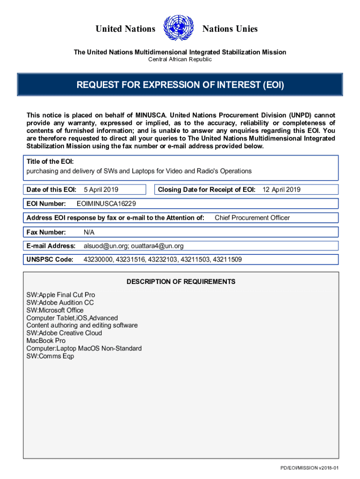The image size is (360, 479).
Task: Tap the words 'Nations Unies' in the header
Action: coord(230,29)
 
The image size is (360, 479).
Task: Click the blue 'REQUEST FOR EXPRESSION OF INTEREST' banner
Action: coord(180,85)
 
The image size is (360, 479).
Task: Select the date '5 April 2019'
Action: coord(101,189)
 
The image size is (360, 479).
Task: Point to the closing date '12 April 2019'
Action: coord(281,189)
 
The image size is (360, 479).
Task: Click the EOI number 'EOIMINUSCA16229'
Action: coord(106,203)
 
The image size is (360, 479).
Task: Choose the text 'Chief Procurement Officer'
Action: coord(252,218)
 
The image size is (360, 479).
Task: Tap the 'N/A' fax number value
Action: coord(89,232)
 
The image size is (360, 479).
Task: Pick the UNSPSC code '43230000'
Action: coord(98,259)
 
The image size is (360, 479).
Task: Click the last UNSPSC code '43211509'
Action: coord(227,259)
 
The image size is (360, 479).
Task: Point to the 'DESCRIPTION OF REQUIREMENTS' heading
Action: coord(181,282)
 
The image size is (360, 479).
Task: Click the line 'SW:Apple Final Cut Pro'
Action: coord(61,295)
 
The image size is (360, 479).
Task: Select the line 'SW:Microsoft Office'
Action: coord(55,310)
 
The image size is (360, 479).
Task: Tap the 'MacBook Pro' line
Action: coord(46,341)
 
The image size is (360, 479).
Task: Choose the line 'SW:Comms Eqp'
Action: coord(50,356)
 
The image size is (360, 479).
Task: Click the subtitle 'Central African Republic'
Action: coord(180,59)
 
